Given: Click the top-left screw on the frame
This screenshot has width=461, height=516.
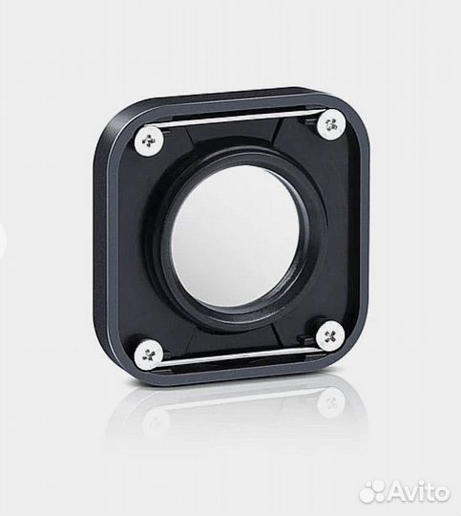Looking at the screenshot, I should coord(151,140).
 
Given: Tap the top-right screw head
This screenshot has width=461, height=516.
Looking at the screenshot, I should coord(330,122).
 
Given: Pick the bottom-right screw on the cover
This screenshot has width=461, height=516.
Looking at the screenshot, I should coord(329,335).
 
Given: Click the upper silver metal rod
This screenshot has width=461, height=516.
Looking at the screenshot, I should coord(239,119).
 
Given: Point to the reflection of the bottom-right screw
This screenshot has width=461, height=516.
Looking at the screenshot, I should coord(330,402).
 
